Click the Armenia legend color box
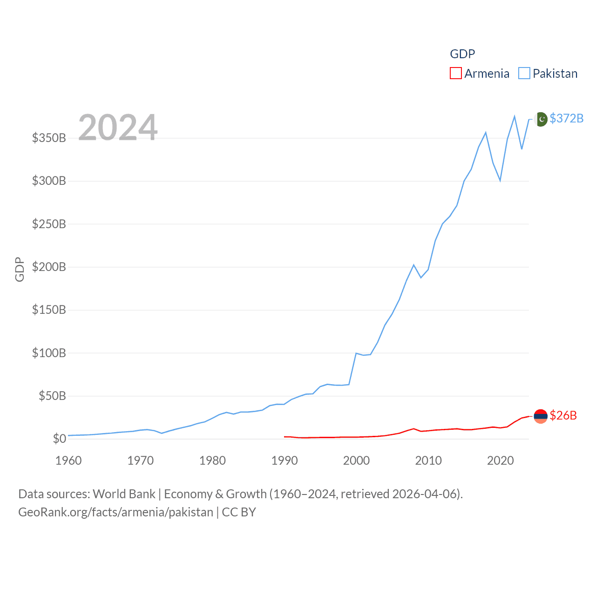456,74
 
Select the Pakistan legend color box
524,74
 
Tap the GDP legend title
462,54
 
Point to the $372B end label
566,118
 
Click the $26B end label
563,415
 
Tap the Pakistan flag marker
541,119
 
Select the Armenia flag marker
541,416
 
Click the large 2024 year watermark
118,127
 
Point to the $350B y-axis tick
49,138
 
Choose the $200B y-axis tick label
49,267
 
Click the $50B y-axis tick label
52,396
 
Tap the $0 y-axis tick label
59,439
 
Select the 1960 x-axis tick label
68,461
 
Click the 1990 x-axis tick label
284,461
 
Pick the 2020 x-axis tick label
500,461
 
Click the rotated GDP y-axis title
20,269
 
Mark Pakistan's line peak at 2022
515,116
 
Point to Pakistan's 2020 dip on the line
500,180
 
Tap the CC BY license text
239,512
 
